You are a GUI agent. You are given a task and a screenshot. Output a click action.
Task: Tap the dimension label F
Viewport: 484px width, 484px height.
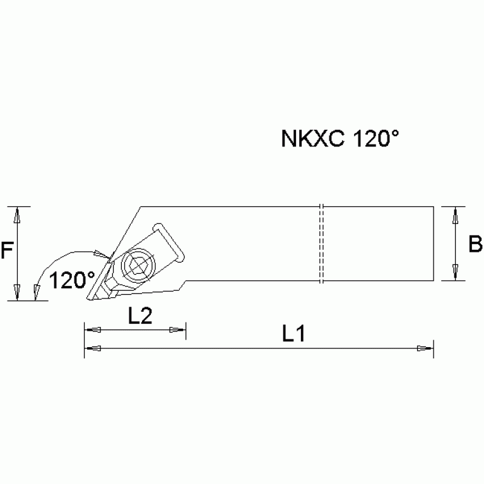pyautogui.click(x=7, y=252)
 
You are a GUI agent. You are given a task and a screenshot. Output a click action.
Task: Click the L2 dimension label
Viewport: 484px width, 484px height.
pyautogui.click(x=140, y=317)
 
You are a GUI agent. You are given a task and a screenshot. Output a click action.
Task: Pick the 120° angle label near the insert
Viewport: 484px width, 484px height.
pyautogui.click(x=73, y=280)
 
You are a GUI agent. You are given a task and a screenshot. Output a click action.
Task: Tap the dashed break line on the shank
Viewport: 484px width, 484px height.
pyautogui.click(x=321, y=244)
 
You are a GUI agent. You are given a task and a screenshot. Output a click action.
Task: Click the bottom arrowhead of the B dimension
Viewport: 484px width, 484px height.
pyautogui.click(x=455, y=272)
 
